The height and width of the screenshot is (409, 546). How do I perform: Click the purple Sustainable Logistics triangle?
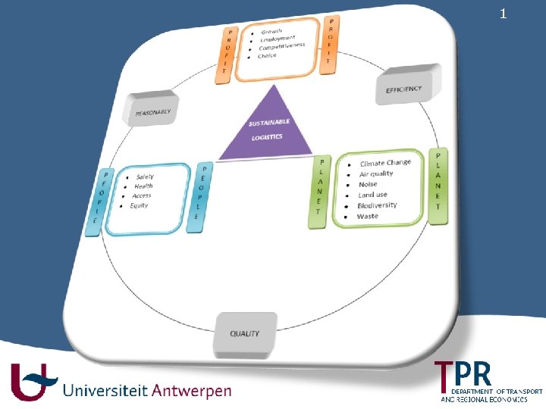(x=265, y=129)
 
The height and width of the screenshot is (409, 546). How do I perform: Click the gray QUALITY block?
(x=244, y=333)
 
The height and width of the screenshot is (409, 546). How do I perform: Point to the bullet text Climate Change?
(x=385, y=163)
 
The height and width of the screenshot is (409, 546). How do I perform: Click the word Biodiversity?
(x=377, y=205)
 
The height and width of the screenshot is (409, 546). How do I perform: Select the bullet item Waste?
(x=367, y=216)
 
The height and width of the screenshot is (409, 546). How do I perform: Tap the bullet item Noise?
(x=368, y=184)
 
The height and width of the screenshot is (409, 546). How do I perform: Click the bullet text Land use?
(x=372, y=195)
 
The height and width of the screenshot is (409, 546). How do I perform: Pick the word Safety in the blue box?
(x=145, y=176)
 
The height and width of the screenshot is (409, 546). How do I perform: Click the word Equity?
(x=139, y=205)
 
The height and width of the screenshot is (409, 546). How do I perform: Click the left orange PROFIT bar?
(x=225, y=52)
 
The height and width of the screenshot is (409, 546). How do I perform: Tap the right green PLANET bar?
(x=438, y=186)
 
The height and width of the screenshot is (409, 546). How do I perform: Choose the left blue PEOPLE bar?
(x=96, y=202)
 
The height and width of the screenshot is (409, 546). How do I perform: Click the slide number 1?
(x=503, y=14)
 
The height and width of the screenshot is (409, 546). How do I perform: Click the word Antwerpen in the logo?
(x=192, y=392)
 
